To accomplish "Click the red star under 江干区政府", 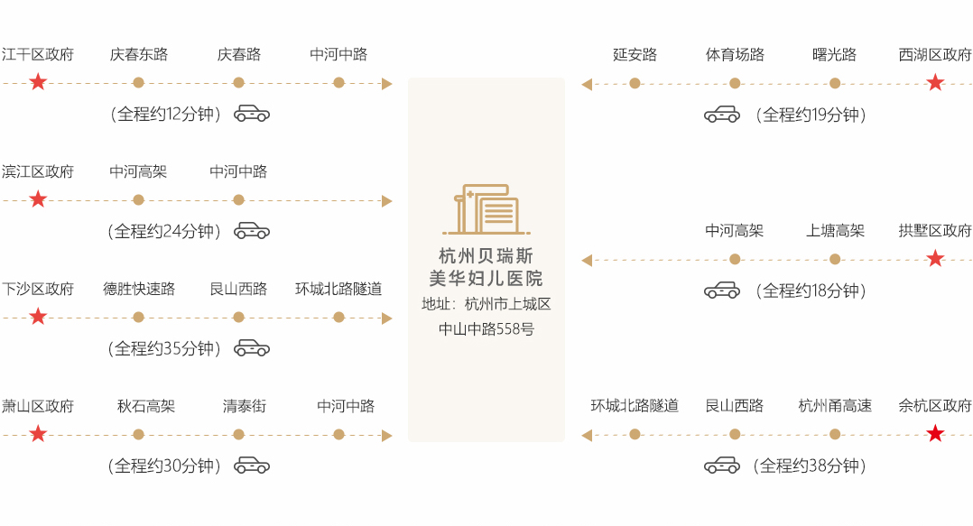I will pos(38,83).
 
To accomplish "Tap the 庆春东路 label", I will pos(138,54).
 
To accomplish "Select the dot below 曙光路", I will pos(835,83).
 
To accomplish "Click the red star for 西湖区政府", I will pos(935,83).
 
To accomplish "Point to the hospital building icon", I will pos(486,210).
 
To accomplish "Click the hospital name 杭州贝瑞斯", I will pos(486,255).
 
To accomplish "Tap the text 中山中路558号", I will pos(486,329).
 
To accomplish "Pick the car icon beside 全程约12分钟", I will pos(252,115).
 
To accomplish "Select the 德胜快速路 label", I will pos(138,289).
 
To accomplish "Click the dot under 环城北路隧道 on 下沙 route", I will pos(338,318).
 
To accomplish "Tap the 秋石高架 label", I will pos(145,406).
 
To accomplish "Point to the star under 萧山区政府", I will pos(38,435).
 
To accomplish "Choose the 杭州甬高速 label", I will pos(835,406).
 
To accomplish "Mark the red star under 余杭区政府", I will pos(935,435).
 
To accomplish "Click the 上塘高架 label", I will pos(835,231).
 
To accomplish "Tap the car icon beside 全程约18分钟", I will pos(721,291).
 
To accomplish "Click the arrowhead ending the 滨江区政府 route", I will pos(387,200).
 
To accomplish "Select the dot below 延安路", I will pos(635,83).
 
